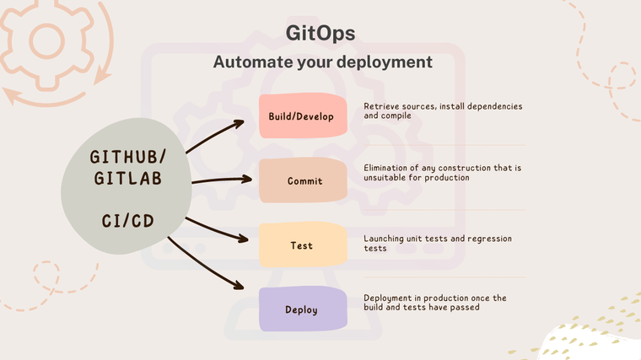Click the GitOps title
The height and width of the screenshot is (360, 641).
(320, 32)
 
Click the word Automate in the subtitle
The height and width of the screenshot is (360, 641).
(249, 62)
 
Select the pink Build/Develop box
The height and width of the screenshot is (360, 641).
(301, 116)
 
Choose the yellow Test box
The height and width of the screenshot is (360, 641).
(301, 245)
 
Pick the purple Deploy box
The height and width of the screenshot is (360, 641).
(301, 309)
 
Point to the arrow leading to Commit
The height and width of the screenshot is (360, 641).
(221, 180)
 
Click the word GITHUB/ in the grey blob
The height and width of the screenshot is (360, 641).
(128, 158)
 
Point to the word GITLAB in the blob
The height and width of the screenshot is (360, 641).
(128, 180)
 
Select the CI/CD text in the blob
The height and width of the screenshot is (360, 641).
(127, 221)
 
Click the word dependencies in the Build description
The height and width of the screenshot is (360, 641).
(487, 107)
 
